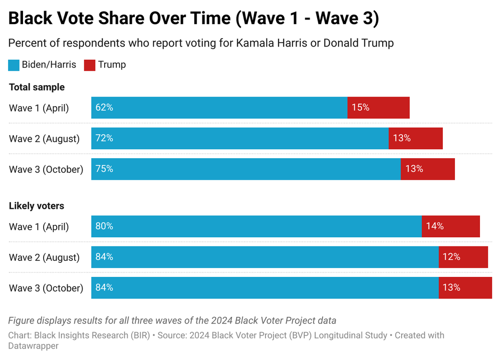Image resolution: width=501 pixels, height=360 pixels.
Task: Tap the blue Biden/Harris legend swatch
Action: click(14, 65)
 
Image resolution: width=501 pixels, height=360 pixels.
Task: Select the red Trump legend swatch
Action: click(90, 65)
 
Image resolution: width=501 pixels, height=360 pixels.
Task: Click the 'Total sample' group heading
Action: click(37, 87)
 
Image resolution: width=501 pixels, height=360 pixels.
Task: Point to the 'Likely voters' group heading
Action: click(37, 206)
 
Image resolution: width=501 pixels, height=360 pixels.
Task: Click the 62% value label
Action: click(104, 108)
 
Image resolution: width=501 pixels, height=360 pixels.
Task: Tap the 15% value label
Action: click(360, 108)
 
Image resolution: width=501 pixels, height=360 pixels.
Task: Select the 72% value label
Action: click(104, 138)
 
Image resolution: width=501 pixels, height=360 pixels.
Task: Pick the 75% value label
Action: click(104, 169)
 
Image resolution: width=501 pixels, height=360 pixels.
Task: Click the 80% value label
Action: click(104, 226)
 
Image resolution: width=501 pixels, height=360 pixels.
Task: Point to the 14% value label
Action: click(435, 226)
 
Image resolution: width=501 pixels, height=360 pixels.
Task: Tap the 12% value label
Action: click(451, 257)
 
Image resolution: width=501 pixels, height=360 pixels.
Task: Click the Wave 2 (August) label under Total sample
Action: click(44, 139)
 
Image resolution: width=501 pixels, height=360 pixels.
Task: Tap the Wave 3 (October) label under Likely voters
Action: click(46, 288)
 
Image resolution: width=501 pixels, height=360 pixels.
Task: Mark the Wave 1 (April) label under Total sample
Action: click(39, 108)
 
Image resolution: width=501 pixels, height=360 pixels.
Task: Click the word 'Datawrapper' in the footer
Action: click(34, 346)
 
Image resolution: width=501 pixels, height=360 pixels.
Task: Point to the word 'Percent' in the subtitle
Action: click(26, 43)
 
